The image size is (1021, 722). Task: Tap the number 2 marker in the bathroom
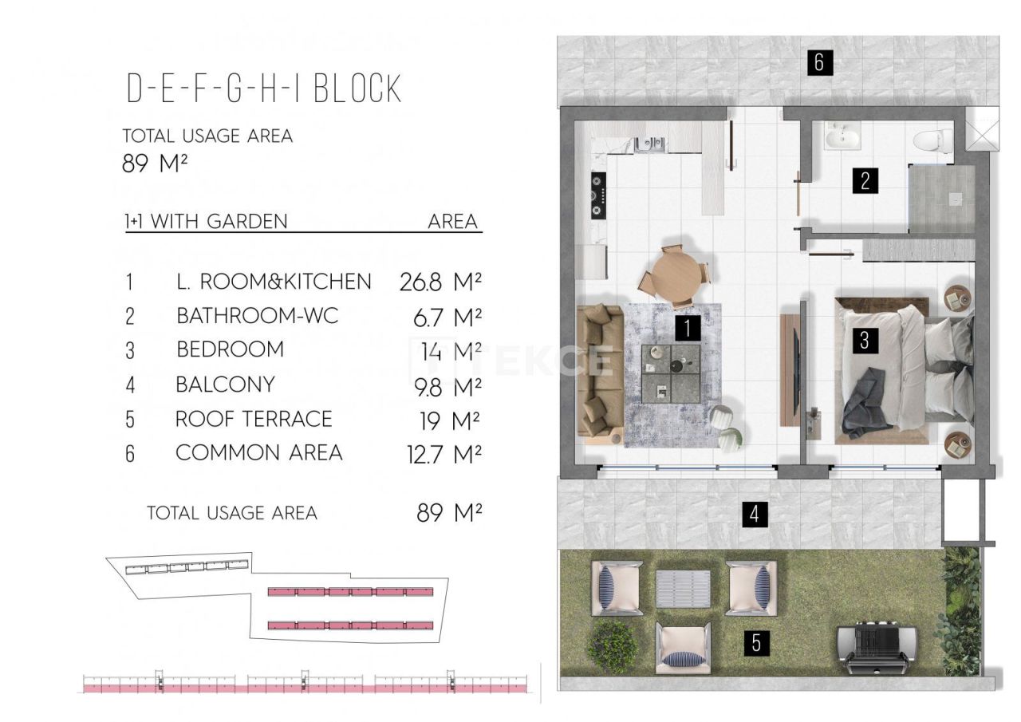tap(865, 180)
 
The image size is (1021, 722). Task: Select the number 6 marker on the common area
tap(818, 62)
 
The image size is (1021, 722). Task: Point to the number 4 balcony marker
tap(755, 515)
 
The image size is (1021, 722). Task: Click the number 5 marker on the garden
tap(755, 642)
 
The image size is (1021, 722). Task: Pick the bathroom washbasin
tap(842, 137)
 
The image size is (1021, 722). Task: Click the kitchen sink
tap(649, 144)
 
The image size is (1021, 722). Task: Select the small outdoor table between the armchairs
tap(684, 589)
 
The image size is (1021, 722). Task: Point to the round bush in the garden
tap(613, 644)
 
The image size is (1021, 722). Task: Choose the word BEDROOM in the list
tap(230, 349)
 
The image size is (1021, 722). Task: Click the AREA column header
tap(452, 221)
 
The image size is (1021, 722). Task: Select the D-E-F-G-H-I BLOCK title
tap(264, 89)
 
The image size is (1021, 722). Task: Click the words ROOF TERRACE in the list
tap(254, 419)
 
